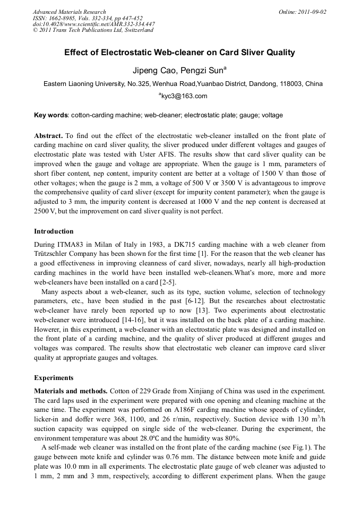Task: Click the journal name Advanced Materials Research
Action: click(69, 12)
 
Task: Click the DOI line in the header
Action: click(93, 24)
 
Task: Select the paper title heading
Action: click(179, 53)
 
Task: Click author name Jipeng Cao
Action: click(151, 70)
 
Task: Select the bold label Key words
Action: click(50, 115)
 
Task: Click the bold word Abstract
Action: click(48, 136)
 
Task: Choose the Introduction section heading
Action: click(54, 231)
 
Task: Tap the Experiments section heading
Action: click(54, 378)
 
